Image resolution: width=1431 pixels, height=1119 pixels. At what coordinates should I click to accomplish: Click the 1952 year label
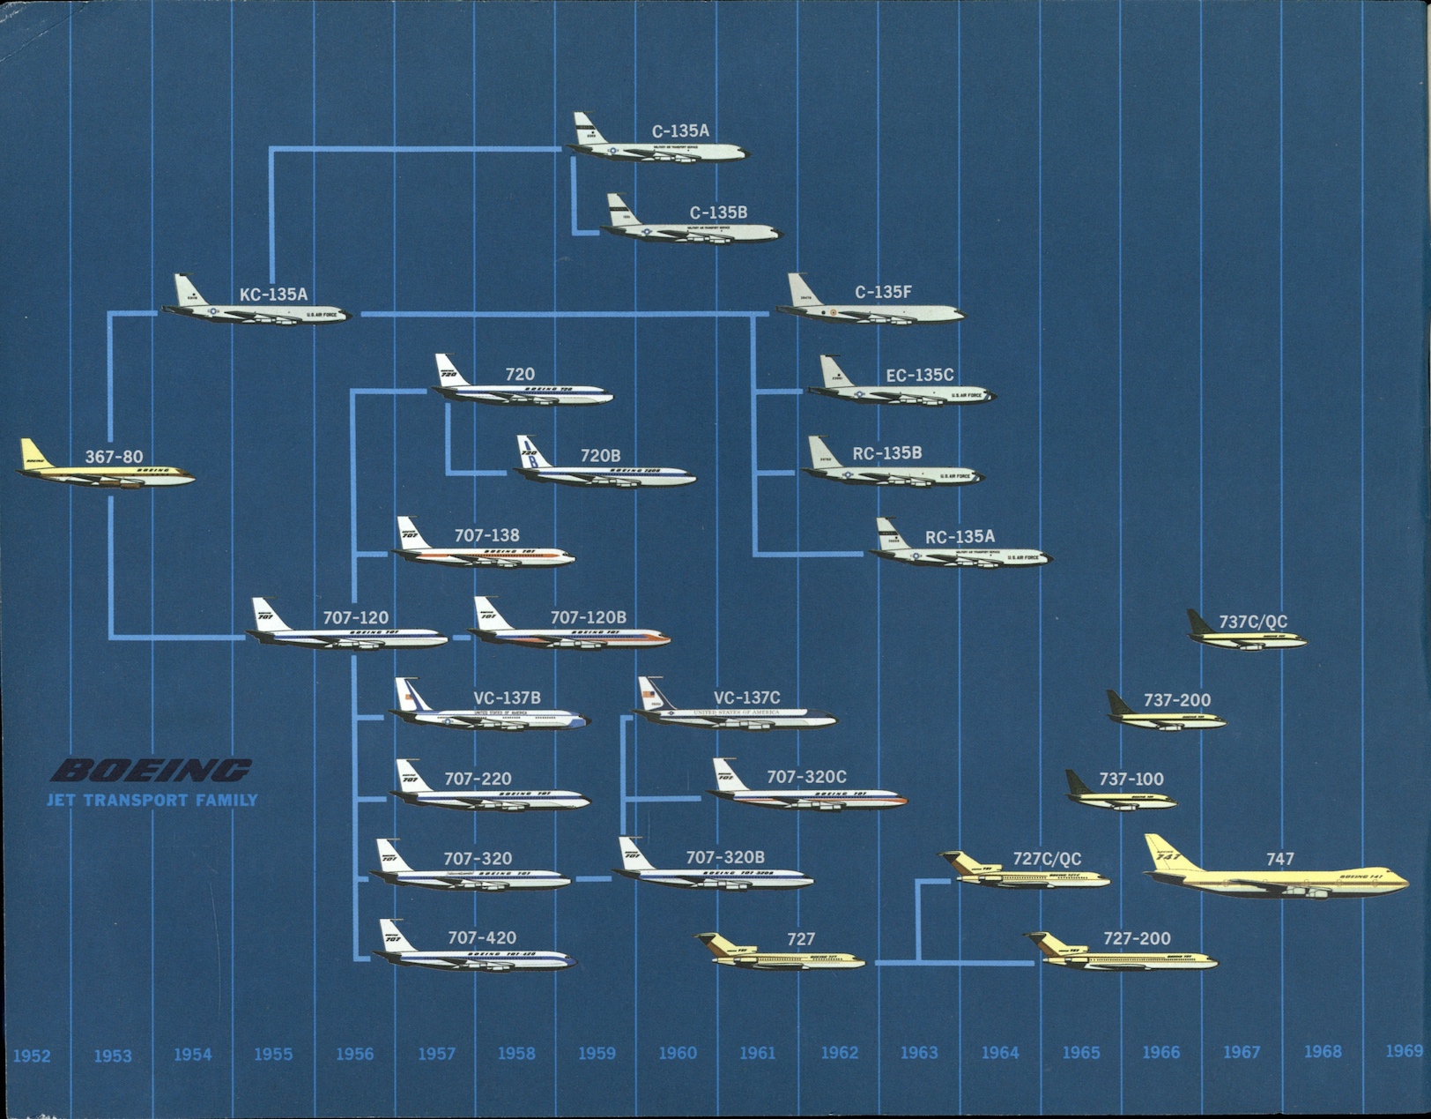[32, 1056]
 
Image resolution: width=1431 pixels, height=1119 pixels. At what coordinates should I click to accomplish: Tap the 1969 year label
[1404, 1050]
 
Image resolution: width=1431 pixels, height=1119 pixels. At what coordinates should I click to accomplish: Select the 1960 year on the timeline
[678, 1053]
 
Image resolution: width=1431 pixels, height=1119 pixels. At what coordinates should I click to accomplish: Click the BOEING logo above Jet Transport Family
[152, 771]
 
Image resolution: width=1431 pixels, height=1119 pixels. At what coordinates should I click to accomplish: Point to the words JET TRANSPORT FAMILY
[152, 801]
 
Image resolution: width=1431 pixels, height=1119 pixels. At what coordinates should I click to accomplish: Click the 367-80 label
[114, 457]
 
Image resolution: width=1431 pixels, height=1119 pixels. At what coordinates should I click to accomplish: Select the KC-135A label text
[274, 295]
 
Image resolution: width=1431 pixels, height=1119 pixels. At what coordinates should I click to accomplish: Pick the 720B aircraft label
[600, 456]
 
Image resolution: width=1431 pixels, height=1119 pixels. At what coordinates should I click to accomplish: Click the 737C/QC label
[1253, 622]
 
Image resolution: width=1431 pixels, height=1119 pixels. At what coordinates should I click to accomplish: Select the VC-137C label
[747, 698]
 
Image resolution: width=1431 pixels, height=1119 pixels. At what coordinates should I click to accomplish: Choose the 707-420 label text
[482, 938]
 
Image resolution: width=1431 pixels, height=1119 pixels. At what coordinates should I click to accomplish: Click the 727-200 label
[1137, 939]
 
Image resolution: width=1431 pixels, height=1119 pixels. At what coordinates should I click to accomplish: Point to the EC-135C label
[920, 375]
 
